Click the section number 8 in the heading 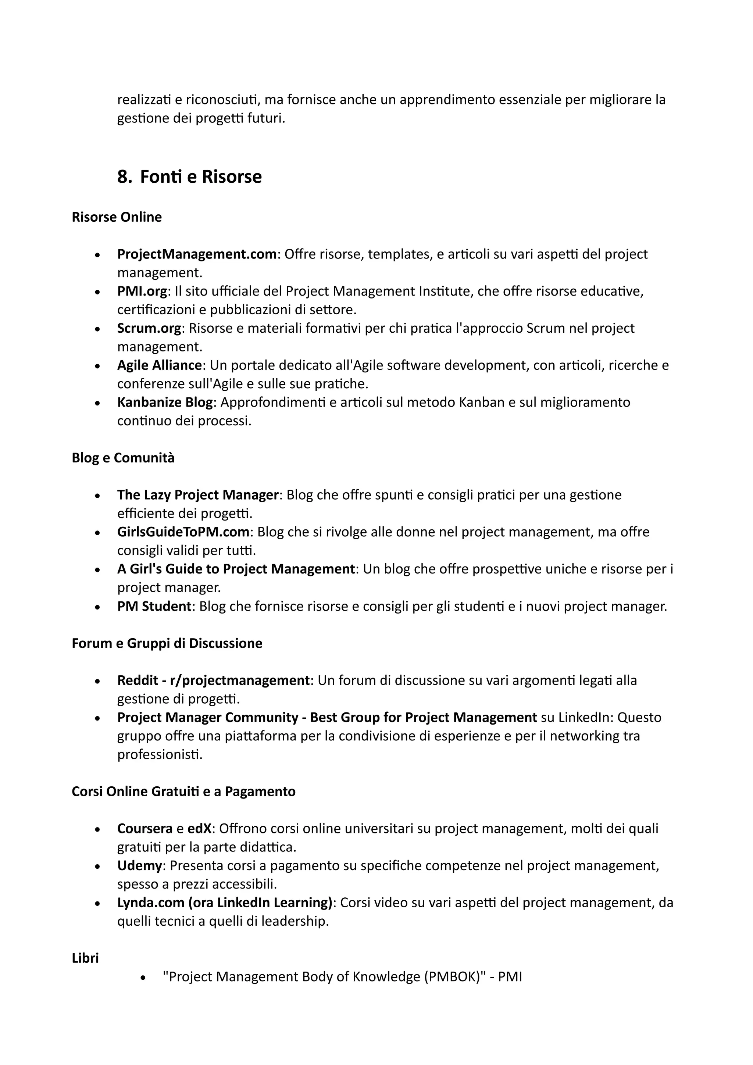(124, 177)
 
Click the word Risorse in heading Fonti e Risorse (232, 177)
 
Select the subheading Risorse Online (117, 217)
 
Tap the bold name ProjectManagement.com (197, 254)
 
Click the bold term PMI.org (142, 291)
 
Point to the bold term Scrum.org (149, 328)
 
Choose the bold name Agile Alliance (159, 365)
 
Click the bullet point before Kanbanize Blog (97, 403)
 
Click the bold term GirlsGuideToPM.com (183, 532)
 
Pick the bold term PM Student (154, 606)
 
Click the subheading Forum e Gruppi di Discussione (167, 643)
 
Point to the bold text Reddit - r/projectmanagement (213, 680)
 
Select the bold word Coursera (145, 829)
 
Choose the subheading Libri (85, 958)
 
